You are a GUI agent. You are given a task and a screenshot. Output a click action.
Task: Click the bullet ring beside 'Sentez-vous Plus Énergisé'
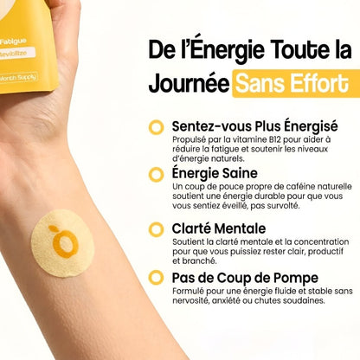[x=156, y=127]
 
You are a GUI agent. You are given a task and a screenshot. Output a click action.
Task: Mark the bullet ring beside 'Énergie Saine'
[x=156, y=174]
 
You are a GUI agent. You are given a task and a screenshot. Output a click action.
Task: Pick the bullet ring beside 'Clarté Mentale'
[x=156, y=228]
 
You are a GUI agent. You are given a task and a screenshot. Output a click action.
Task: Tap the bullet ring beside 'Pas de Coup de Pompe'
[x=156, y=278]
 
